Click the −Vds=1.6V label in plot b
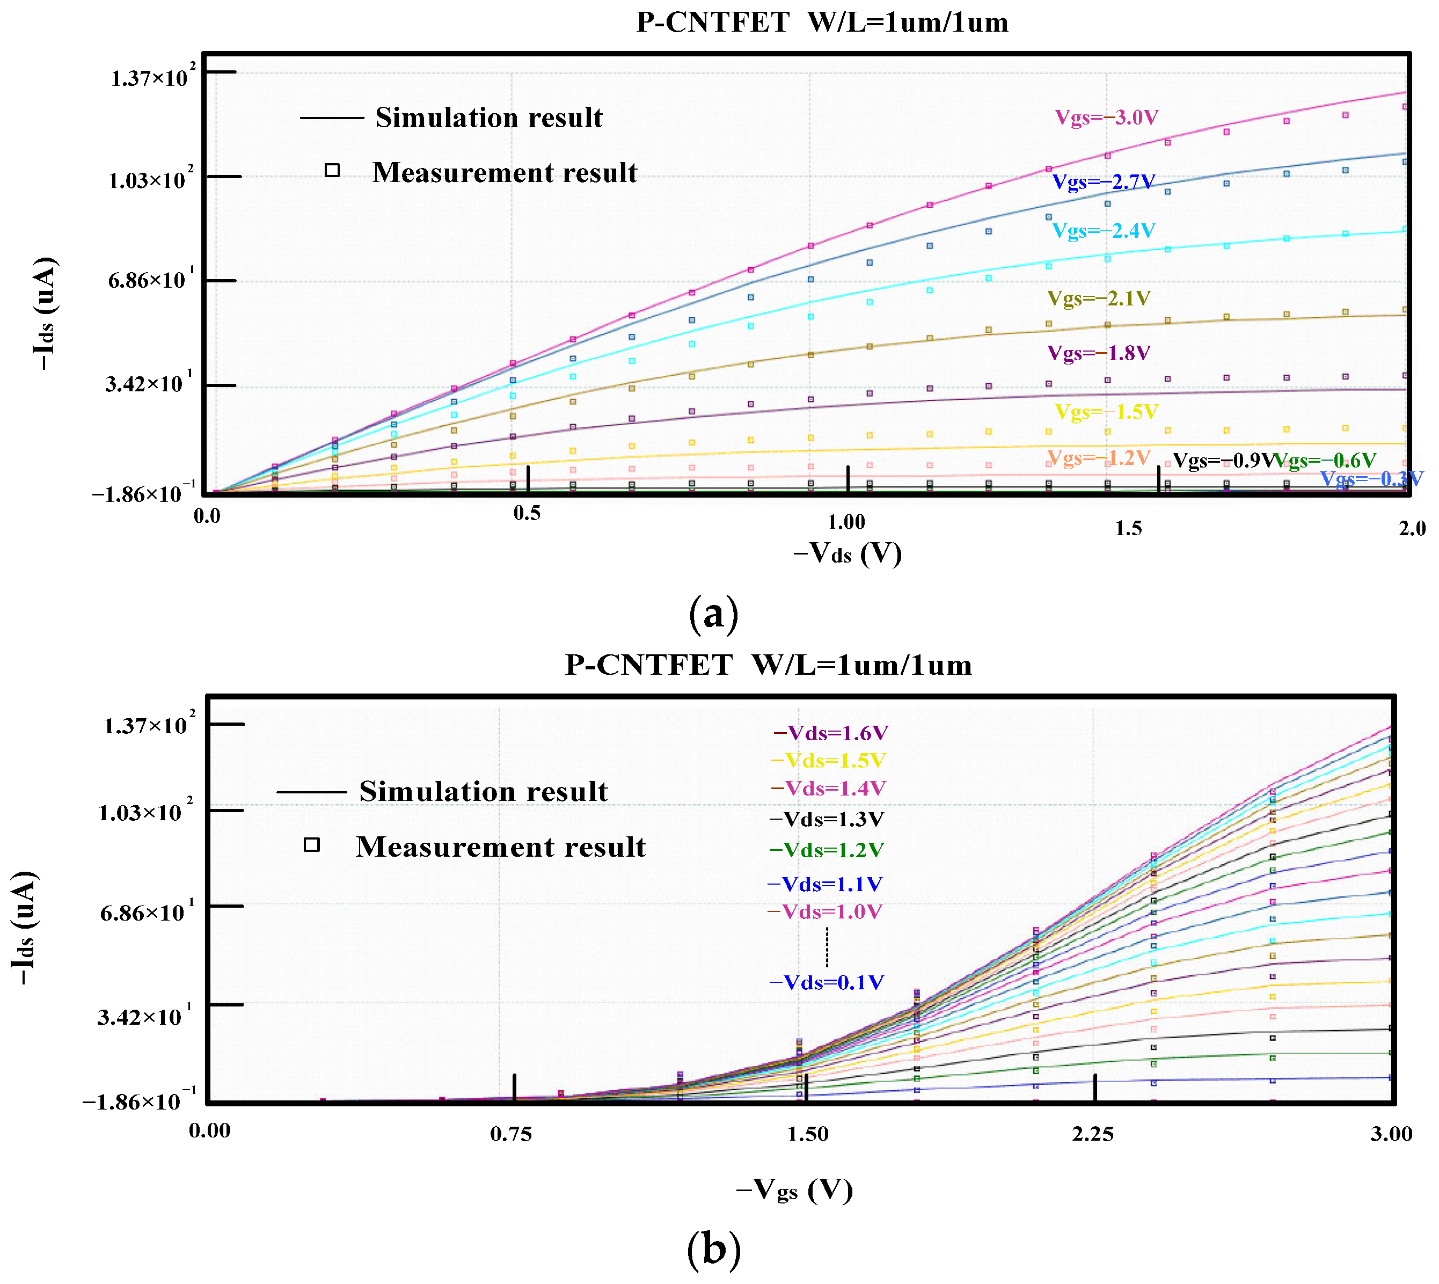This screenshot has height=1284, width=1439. tap(830, 733)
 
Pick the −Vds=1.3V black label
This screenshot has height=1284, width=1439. tap(826, 819)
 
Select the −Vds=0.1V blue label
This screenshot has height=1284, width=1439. tap(826, 982)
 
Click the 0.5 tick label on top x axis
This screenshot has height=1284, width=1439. tap(528, 514)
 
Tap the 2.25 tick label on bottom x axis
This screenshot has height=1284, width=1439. tap(1093, 1134)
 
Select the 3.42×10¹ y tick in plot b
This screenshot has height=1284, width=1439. tap(144, 1017)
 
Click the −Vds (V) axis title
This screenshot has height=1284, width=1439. tap(847, 552)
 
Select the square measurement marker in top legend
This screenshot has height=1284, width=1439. tap(332, 170)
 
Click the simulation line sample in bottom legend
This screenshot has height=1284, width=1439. tap(311, 792)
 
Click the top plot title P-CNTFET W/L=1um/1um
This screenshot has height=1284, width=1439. tap(822, 23)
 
